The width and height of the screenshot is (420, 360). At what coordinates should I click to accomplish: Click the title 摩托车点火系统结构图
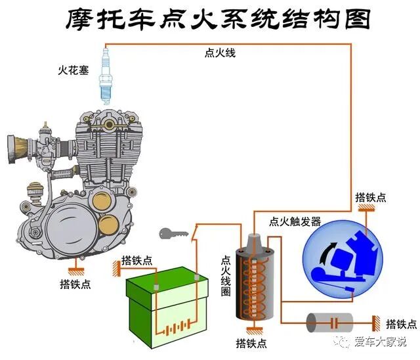tap(218, 20)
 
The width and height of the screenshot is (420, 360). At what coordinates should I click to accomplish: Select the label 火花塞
tap(73, 69)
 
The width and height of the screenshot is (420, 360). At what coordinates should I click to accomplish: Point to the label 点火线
tap(219, 53)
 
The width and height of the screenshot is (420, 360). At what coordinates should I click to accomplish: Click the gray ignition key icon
tap(172, 233)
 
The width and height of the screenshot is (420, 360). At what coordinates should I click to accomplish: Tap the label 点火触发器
tap(295, 221)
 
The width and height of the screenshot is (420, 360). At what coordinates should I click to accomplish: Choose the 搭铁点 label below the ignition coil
tap(252, 343)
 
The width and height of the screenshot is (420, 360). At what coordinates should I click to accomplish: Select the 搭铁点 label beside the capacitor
tap(401, 324)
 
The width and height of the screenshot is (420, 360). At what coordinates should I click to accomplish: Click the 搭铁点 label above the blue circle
tap(371, 197)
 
